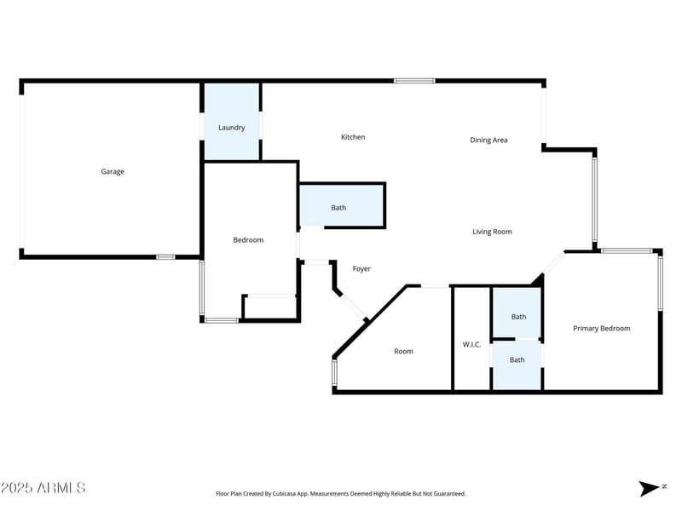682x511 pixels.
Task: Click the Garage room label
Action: (x=113, y=171)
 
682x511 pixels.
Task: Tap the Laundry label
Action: (x=232, y=128)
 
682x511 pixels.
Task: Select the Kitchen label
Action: (x=353, y=137)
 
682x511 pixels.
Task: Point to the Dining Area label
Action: (x=488, y=140)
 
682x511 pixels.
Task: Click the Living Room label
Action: (x=492, y=232)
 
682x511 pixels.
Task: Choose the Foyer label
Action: (x=361, y=269)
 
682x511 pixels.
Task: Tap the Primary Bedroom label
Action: (x=602, y=328)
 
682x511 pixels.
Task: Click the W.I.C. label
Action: (x=471, y=344)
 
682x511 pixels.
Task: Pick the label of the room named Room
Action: (x=403, y=351)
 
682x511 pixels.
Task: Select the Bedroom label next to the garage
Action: (x=248, y=240)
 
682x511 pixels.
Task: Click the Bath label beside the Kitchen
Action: (x=338, y=208)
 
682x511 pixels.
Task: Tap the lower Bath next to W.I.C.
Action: (x=517, y=359)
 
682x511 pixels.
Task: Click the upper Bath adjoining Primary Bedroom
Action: (x=518, y=317)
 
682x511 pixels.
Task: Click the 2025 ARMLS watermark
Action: (x=43, y=488)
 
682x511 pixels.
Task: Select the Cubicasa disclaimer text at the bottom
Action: (x=341, y=494)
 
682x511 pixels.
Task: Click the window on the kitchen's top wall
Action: (x=414, y=81)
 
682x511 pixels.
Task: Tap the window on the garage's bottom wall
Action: (x=165, y=256)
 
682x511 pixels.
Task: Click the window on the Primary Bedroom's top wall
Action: (x=627, y=250)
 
